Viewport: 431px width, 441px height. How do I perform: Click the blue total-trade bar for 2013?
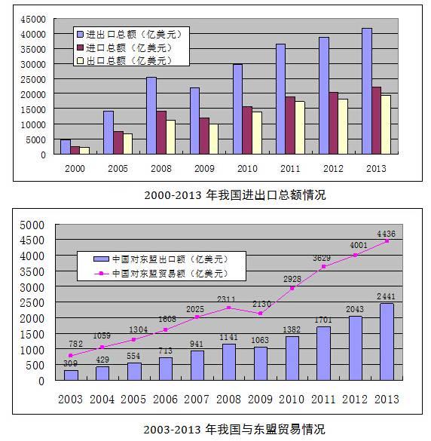click(x=366, y=91)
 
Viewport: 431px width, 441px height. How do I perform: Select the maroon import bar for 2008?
click(x=161, y=133)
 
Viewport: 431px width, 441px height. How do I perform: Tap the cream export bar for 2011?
click(x=300, y=128)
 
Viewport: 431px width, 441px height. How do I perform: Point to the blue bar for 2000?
click(x=66, y=147)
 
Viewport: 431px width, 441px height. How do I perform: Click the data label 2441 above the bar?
click(x=386, y=295)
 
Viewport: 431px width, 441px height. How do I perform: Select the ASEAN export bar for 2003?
click(x=71, y=375)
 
